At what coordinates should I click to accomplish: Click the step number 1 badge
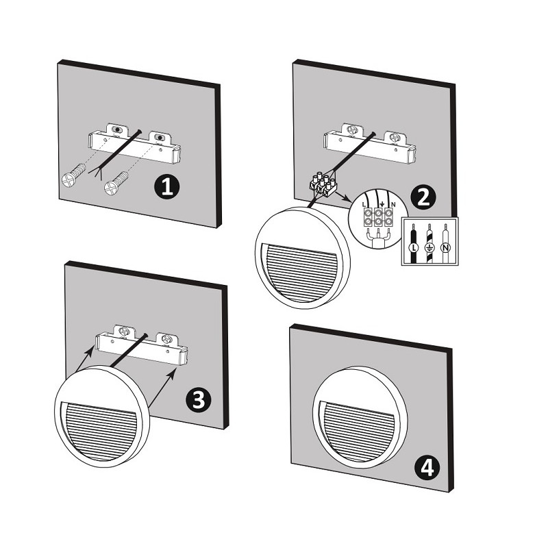point(166,187)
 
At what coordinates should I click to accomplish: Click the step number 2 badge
point(423,197)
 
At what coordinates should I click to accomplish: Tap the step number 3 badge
point(198,400)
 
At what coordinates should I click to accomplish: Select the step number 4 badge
point(427,468)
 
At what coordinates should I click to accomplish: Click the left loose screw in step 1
point(73,176)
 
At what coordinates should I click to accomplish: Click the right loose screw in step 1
point(116,183)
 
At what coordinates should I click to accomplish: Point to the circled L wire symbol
point(414,248)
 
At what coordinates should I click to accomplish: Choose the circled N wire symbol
point(445,248)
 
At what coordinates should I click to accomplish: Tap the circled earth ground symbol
point(429,248)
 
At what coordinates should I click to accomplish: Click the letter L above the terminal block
point(364,204)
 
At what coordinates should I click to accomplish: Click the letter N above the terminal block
point(393,204)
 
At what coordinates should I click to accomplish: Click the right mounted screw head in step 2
point(395,137)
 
